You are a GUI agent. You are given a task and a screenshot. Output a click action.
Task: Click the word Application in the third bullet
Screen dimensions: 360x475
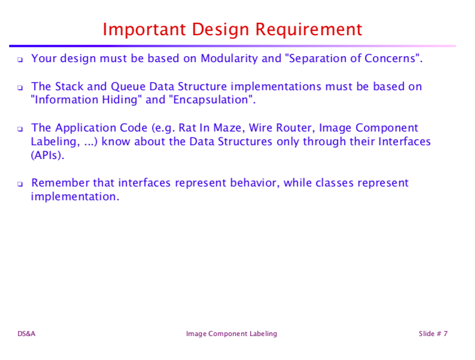pos(83,128)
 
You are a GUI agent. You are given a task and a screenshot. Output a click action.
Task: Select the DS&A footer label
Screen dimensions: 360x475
pos(26,334)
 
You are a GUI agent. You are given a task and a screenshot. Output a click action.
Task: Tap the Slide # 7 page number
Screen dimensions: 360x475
pos(433,334)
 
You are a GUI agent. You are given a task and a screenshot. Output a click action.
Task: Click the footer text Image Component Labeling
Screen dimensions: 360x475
pos(232,334)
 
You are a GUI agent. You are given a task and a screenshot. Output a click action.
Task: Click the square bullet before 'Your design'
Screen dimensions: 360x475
pos(20,60)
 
